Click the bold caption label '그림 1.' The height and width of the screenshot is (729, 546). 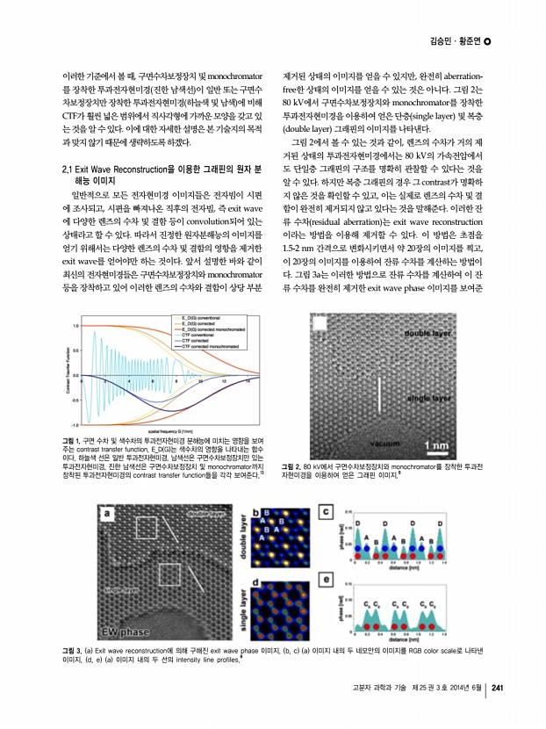(x=63, y=440)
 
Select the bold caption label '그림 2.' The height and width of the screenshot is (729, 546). (x=292, y=466)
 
